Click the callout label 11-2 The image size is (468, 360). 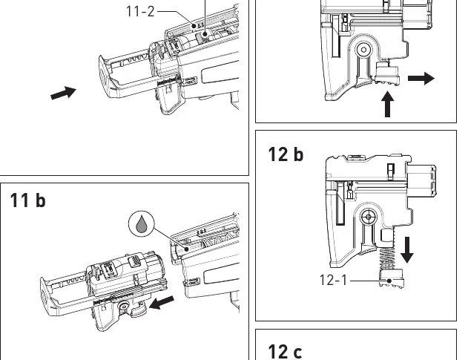coord(141,12)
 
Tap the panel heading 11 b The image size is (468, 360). coord(27,200)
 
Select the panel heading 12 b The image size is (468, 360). coord(286,154)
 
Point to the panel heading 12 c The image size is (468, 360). coord(285,352)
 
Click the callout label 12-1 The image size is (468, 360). coord(334,281)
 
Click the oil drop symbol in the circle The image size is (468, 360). coord(142,223)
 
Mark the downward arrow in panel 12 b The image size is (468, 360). coord(407,249)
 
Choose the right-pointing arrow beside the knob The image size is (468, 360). coord(421,78)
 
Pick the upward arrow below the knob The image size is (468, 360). coord(387,104)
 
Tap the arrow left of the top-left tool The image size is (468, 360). coord(64,93)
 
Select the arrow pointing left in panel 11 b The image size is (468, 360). coord(162,303)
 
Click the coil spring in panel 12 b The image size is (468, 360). coord(387,258)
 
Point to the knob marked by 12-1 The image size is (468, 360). coord(392,278)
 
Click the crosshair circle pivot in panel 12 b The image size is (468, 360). coord(369,217)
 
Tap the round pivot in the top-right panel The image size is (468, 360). coord(363,50)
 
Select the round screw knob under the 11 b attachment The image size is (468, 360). coord(123,306)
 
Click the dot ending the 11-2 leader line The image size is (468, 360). coord(194,26)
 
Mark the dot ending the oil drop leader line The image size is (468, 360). coord(187,249)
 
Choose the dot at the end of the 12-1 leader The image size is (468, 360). coord(389,281)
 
